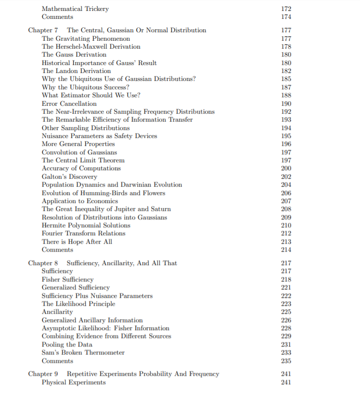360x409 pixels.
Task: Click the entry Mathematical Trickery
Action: click(75, 8)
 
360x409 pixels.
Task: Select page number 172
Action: click(286, 8)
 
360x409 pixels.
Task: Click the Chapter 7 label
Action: click(43, 30)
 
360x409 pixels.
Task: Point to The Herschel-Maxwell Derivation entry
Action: click(91, 47)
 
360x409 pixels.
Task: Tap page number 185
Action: click(286, 79)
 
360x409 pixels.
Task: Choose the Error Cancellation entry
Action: click(69, 104)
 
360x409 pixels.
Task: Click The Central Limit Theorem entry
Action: click(83, 160)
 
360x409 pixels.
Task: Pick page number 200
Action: click(286, 168)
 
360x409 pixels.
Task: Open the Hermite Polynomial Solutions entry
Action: click(86, 225)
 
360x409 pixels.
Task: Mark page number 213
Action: click(286, 242)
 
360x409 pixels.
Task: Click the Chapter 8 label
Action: click(43, 263)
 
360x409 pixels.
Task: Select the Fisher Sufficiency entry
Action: click(67, 279)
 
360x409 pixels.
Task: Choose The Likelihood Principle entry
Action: click(78, 304)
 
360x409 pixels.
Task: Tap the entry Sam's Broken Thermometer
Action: click(83, 352)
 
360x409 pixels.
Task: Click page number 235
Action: click(286, 361)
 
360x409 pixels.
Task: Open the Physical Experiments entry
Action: click(73, 382)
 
